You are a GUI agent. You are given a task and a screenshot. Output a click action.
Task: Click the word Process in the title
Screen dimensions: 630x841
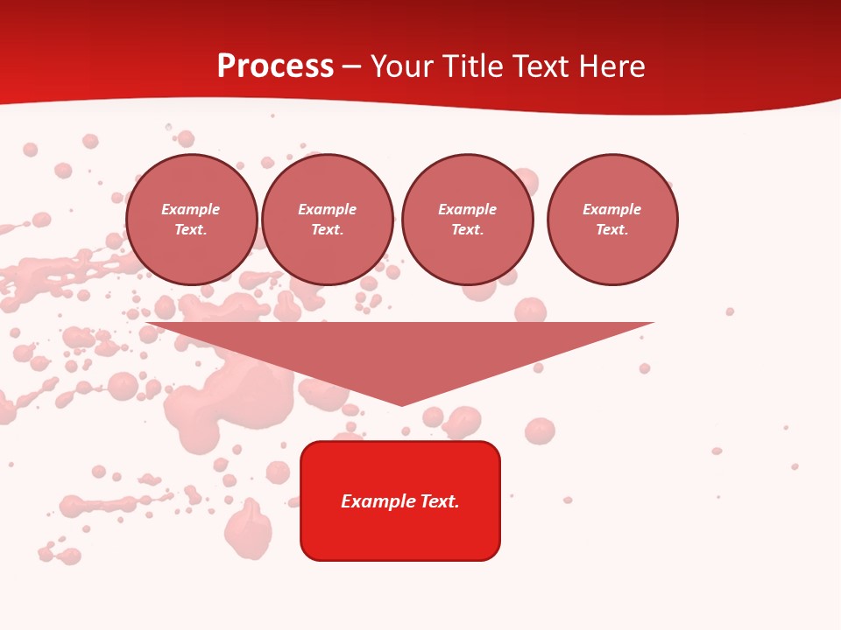275,66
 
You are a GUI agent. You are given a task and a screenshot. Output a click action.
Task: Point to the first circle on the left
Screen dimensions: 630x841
191,220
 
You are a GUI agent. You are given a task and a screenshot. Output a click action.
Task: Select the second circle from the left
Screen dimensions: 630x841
328,220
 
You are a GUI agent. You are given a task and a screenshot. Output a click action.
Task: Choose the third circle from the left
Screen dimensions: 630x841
467,220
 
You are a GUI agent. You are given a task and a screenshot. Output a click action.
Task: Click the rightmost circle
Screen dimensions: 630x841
612,220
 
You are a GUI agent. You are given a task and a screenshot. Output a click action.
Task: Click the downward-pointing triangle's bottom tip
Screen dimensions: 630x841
401,403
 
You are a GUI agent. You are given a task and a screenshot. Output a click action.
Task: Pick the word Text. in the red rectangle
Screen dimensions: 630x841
439,501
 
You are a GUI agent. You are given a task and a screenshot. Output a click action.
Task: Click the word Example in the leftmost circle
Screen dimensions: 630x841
191,209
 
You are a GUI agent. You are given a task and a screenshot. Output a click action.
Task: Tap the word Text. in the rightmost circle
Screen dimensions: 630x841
612,230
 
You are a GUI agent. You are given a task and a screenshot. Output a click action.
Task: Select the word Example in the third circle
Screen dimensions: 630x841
467,209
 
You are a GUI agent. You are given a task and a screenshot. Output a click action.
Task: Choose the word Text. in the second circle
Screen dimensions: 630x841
328,230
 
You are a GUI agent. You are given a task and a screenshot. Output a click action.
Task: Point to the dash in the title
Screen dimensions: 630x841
352,66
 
